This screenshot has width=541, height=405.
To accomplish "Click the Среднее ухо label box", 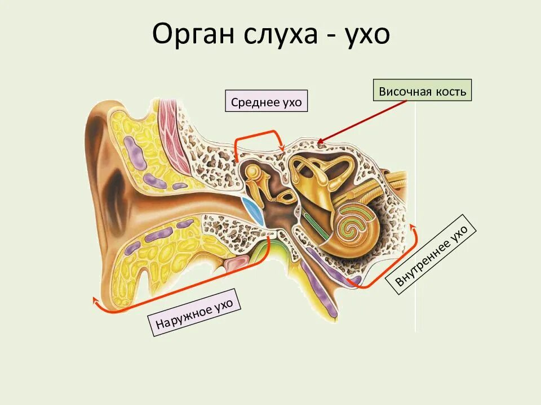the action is pos(267,101).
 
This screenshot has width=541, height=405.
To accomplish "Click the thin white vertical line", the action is pos(416,225).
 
